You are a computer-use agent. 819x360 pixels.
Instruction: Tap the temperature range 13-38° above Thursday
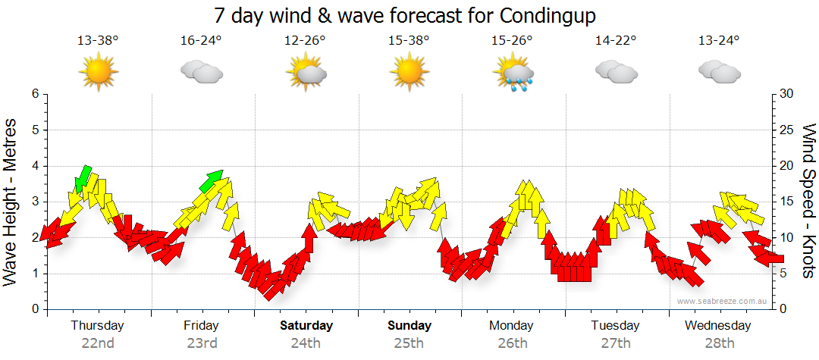pos(98,41)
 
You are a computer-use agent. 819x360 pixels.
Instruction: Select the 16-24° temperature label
pos(202,41)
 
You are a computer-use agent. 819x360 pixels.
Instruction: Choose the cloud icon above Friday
pos(202,72)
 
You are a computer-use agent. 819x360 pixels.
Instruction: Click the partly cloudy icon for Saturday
pos(306,72)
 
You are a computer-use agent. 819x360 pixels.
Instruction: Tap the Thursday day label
pos(97,325)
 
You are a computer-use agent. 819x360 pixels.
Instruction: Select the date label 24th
pos(306,343)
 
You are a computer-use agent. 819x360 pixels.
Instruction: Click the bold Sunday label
pos(409,325)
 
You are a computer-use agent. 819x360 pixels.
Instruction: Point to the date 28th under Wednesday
pos(718,343)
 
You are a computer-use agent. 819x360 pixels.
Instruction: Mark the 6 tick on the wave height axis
pos(35,94)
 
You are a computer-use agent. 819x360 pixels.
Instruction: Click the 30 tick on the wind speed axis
pos(787,94)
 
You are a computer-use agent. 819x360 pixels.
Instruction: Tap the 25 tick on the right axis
pos(787,130)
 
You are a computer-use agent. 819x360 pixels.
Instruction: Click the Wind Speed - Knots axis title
pos(808,201)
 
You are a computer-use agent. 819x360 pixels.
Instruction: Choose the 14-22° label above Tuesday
pos(616,41)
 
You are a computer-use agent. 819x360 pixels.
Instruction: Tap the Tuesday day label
pos(616,325)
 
